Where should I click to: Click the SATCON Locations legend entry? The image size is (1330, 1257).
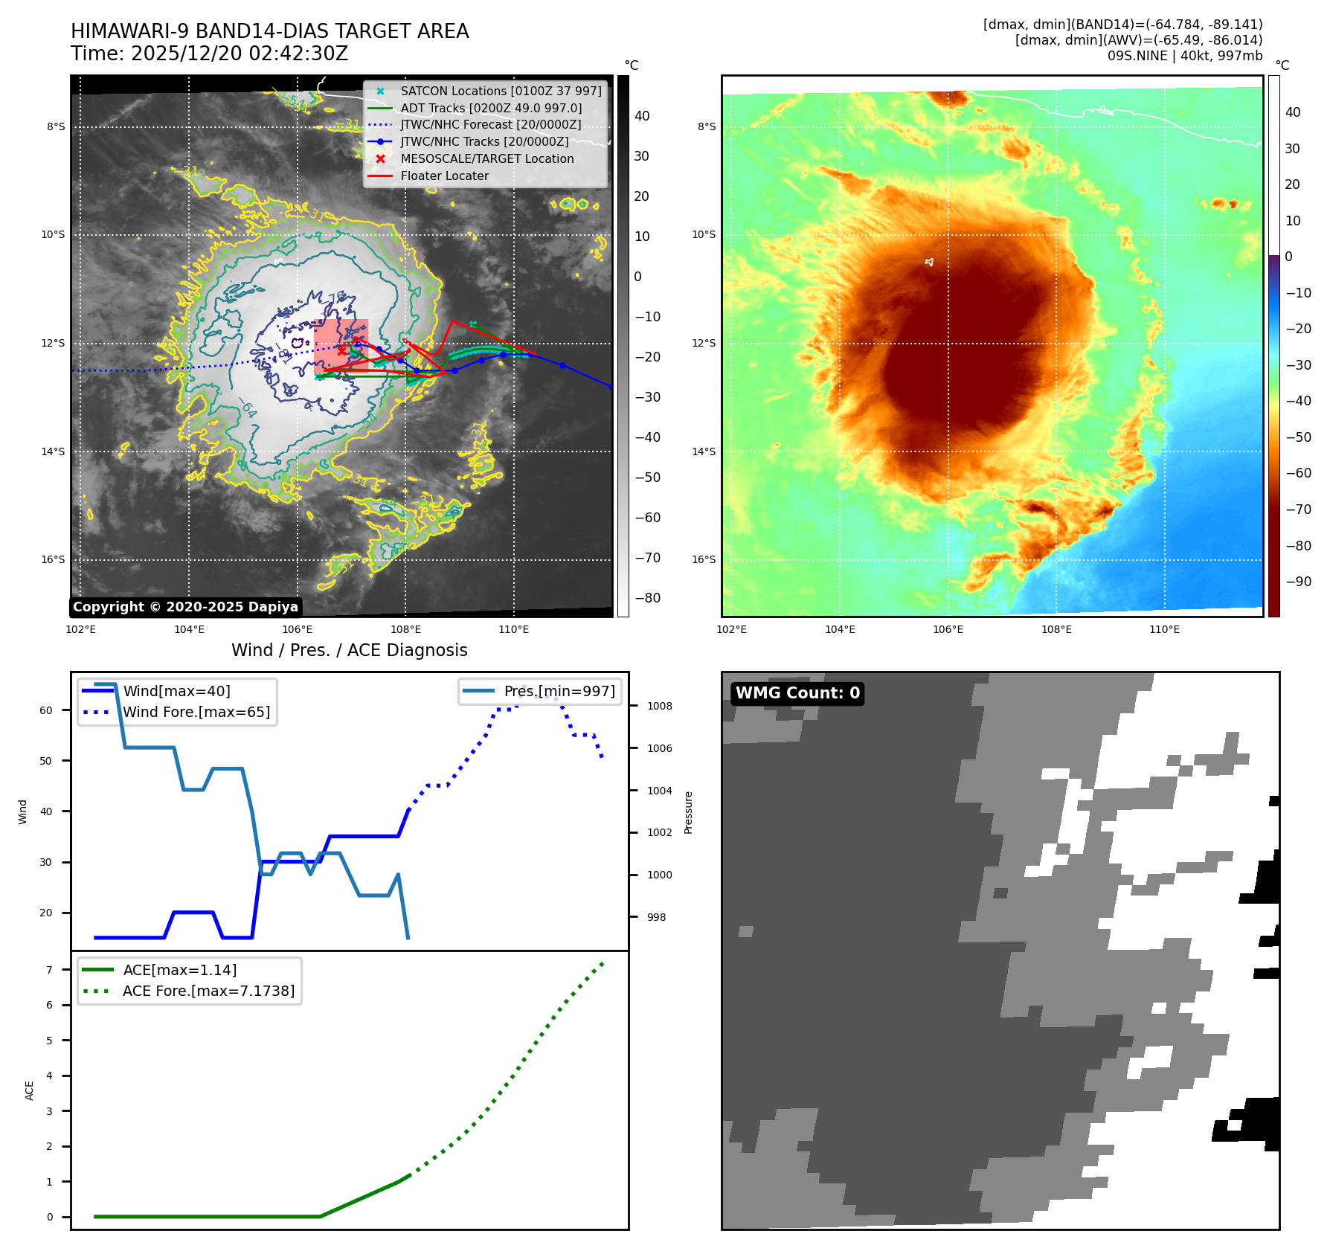coord(501,91)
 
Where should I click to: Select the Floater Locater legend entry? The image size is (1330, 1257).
coord(444,176)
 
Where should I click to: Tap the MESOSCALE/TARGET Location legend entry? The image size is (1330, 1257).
coord(486,158)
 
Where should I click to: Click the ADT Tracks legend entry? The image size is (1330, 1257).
coord(491,108)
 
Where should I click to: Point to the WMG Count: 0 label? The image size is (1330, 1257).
coord(797,693)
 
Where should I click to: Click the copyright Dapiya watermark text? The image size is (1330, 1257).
coord(185,607)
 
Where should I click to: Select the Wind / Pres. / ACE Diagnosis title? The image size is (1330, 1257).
coord(349,650)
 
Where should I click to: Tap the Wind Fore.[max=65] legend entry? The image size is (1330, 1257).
coord(196,712)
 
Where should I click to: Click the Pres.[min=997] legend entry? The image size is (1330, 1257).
coord(559,691)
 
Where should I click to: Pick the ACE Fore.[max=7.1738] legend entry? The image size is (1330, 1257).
coord(208,991)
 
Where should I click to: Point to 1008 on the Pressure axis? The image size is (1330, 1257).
coord(659,706)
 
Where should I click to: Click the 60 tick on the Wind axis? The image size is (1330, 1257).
coord(46,710)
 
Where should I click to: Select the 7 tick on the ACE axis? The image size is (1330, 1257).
coord(50,970)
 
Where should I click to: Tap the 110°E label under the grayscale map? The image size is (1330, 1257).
coord(513,629)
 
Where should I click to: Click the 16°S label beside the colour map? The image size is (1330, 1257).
coord(704,559)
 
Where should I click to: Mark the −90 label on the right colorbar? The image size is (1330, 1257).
coord(1298,582)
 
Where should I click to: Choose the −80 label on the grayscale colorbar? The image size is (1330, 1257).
coord(647,598)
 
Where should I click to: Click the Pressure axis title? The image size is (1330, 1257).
coord(688,812)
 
